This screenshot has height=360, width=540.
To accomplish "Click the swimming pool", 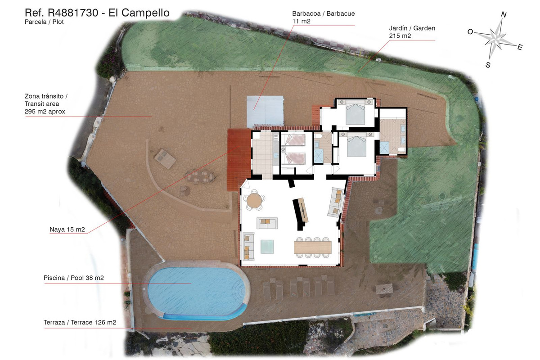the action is point(197,292).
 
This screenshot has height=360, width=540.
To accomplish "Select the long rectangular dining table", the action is point(312,247).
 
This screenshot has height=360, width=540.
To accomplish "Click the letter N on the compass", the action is point(504,14).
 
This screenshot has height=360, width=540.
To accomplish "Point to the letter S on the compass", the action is point(488,65).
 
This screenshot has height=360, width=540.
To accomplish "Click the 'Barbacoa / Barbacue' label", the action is point(323,13).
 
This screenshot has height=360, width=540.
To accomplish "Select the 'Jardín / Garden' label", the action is point(412,28).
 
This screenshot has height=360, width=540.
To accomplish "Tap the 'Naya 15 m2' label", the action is point(67,229).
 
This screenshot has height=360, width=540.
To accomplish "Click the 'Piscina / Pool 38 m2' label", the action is point(73,278).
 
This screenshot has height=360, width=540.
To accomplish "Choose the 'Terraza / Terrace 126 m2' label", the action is point(80,322).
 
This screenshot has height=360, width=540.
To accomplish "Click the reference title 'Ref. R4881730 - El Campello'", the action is point(97,13).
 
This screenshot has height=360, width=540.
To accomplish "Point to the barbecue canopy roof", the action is point(265,111).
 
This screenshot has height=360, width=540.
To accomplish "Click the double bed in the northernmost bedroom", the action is point(355,112).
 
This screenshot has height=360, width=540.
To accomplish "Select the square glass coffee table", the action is point(267,247).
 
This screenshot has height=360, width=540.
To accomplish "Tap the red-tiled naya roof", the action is point(239,160).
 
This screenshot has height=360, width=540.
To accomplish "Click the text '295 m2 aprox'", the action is point(45,112).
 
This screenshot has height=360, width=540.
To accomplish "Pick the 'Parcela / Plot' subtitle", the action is point(44,22).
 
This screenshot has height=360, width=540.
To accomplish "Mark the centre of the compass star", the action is point(495,39).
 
